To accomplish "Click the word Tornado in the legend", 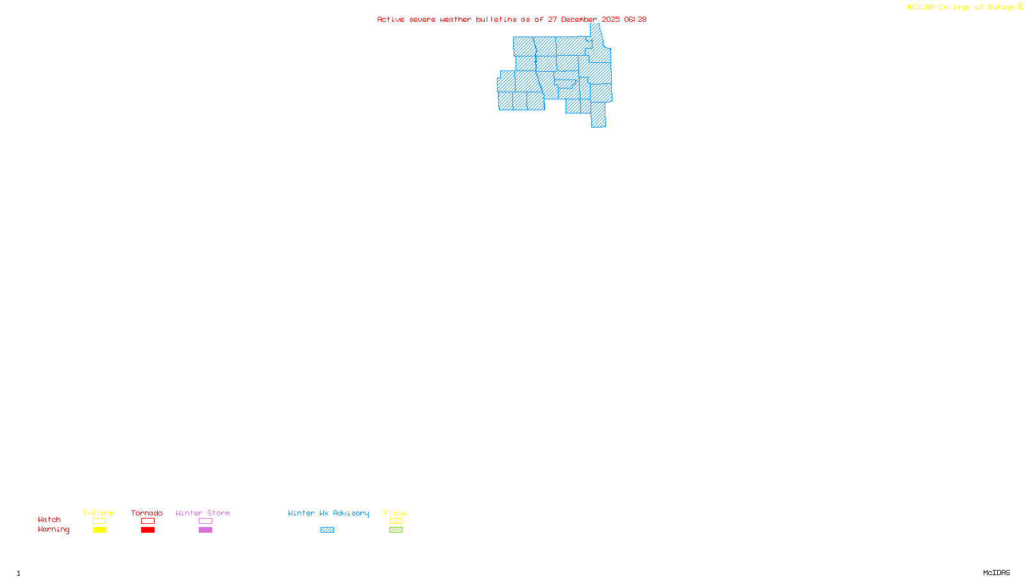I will [x=147, y=513].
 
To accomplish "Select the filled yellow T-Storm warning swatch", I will [x=99, y=530].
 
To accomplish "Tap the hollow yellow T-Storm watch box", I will [x=99, y=521].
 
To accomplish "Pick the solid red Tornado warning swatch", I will [x=147, y=530].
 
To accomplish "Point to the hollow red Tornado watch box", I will [x=147, y=521].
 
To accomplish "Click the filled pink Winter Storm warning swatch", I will [x=205, y=530].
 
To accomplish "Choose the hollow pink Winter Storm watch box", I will [x=205, y=521].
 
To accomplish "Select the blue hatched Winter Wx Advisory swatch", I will [x=327, y=530].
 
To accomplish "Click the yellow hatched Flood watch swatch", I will [x=396, y=521].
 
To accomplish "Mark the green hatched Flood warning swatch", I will [x=396, y=530].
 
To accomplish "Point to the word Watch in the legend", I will [x=49, y=519].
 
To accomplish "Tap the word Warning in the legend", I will [x=54, y=530].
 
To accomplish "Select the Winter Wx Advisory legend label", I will [x=328, y=513].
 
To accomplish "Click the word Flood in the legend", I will [x=396, y=513].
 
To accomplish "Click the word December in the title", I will [x=579, y=19].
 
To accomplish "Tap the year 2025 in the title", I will [x=610, y=19].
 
